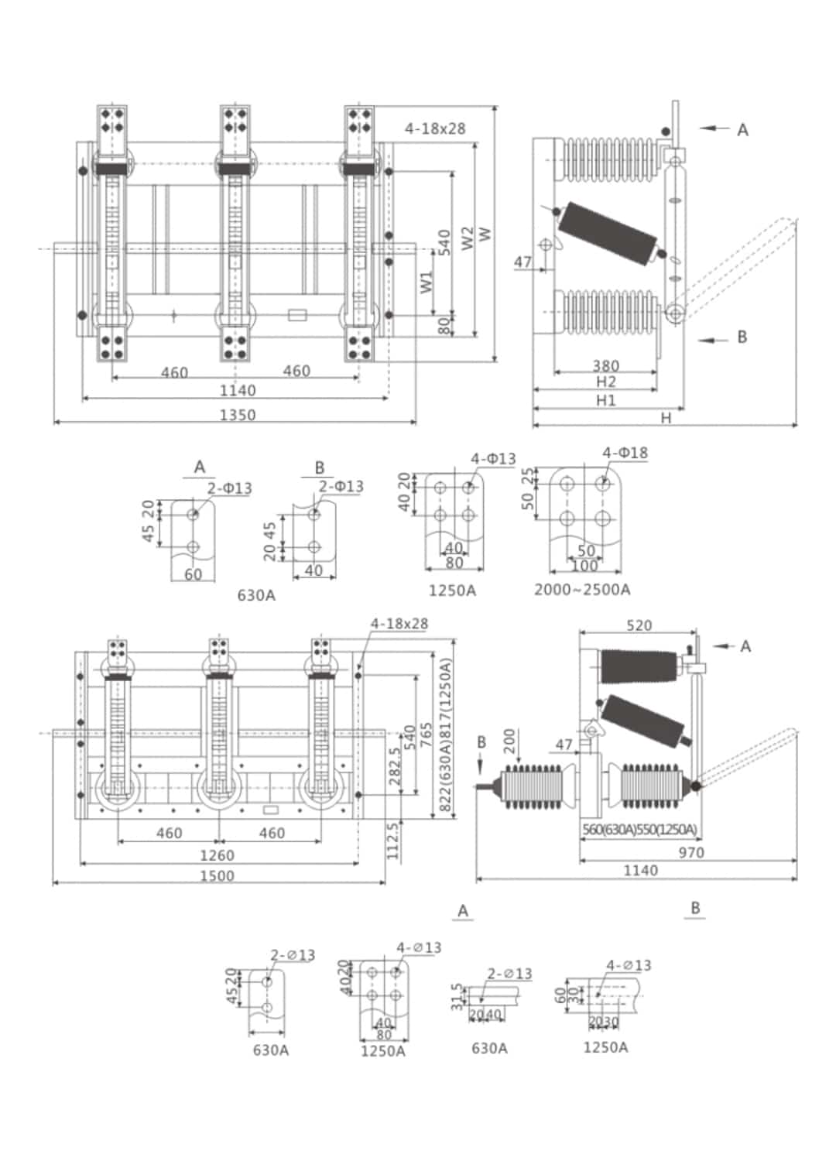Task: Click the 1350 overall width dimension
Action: pos(237,415)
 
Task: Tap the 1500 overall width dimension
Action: pos(217,875)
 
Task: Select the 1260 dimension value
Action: pos(217,855)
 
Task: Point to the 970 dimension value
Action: pos(690,852)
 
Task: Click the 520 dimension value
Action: pos(639,625)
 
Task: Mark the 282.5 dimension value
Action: pos(396,766)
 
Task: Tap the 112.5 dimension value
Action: pos(392,841)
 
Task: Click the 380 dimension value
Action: pos(605,365)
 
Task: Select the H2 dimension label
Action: pos(605,382)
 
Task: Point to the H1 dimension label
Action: pos(605,399)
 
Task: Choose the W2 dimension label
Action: pos(468,238)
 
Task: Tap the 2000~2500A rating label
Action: pos(582,590)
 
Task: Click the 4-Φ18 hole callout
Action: pos(625,453)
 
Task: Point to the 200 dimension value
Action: pos(509,741)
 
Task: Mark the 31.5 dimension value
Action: pos(456,997)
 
